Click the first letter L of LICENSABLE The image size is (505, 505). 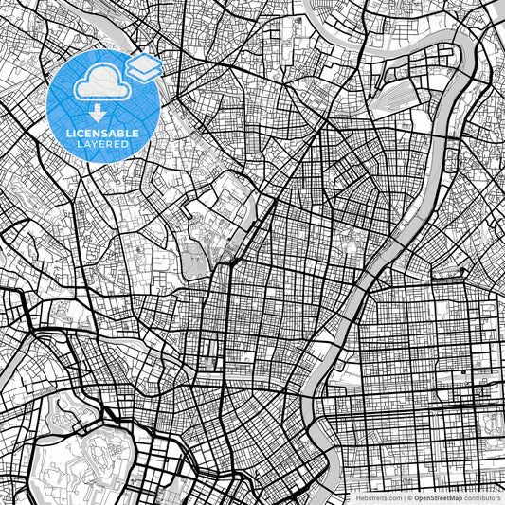pos(68,132)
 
